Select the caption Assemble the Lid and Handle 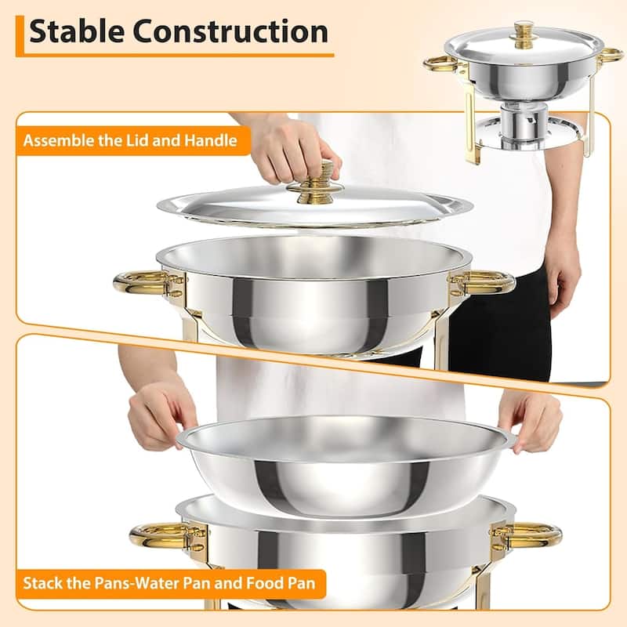pos(129,142)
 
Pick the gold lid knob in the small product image pos(523,31)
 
